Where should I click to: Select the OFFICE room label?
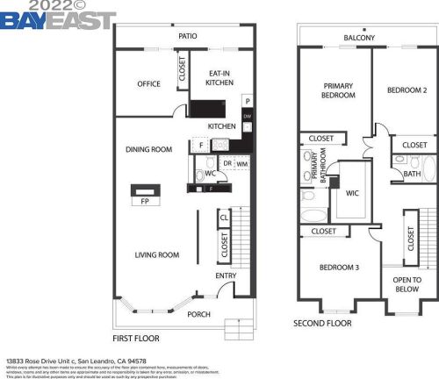coord(148,84)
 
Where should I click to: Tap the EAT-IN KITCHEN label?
coord(219,78)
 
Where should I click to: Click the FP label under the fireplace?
coord(145,201)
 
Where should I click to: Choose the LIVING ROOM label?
coord(156,255)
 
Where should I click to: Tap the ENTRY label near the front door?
coord(226,276)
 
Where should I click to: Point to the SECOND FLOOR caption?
coord(322,323)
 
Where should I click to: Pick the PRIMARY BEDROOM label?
coord(337,90)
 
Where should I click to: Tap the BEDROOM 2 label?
coord(407,90)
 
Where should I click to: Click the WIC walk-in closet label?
coord(352,192)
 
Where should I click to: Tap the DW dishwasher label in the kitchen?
coord(248,116)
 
